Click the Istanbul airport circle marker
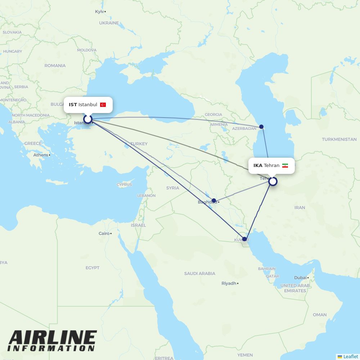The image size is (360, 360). click(88, 119)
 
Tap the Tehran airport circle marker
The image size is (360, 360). click(273, 181)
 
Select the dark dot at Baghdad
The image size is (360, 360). click(214, 201)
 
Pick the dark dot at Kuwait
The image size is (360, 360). click(244, 239)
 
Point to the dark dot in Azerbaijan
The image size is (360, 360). click(261, 127)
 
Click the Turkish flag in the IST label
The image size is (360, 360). click(103, 105)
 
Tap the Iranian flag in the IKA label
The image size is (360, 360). click(285, 166)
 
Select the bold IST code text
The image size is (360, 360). click(73, 105)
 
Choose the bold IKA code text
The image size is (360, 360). click(258, 166)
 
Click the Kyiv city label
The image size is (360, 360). click(99, 12)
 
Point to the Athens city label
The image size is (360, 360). click(41, 155)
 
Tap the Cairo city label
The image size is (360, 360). click(104, 233)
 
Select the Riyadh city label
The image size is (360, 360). click(229, 283)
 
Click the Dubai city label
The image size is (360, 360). click(300, 278)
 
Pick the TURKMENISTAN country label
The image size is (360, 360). click(339, 139)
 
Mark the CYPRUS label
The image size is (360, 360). click(124, 185)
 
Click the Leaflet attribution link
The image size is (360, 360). click(351, 356)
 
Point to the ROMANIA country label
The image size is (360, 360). click(55, 66)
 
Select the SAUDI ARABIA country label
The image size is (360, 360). click(200, 274)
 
